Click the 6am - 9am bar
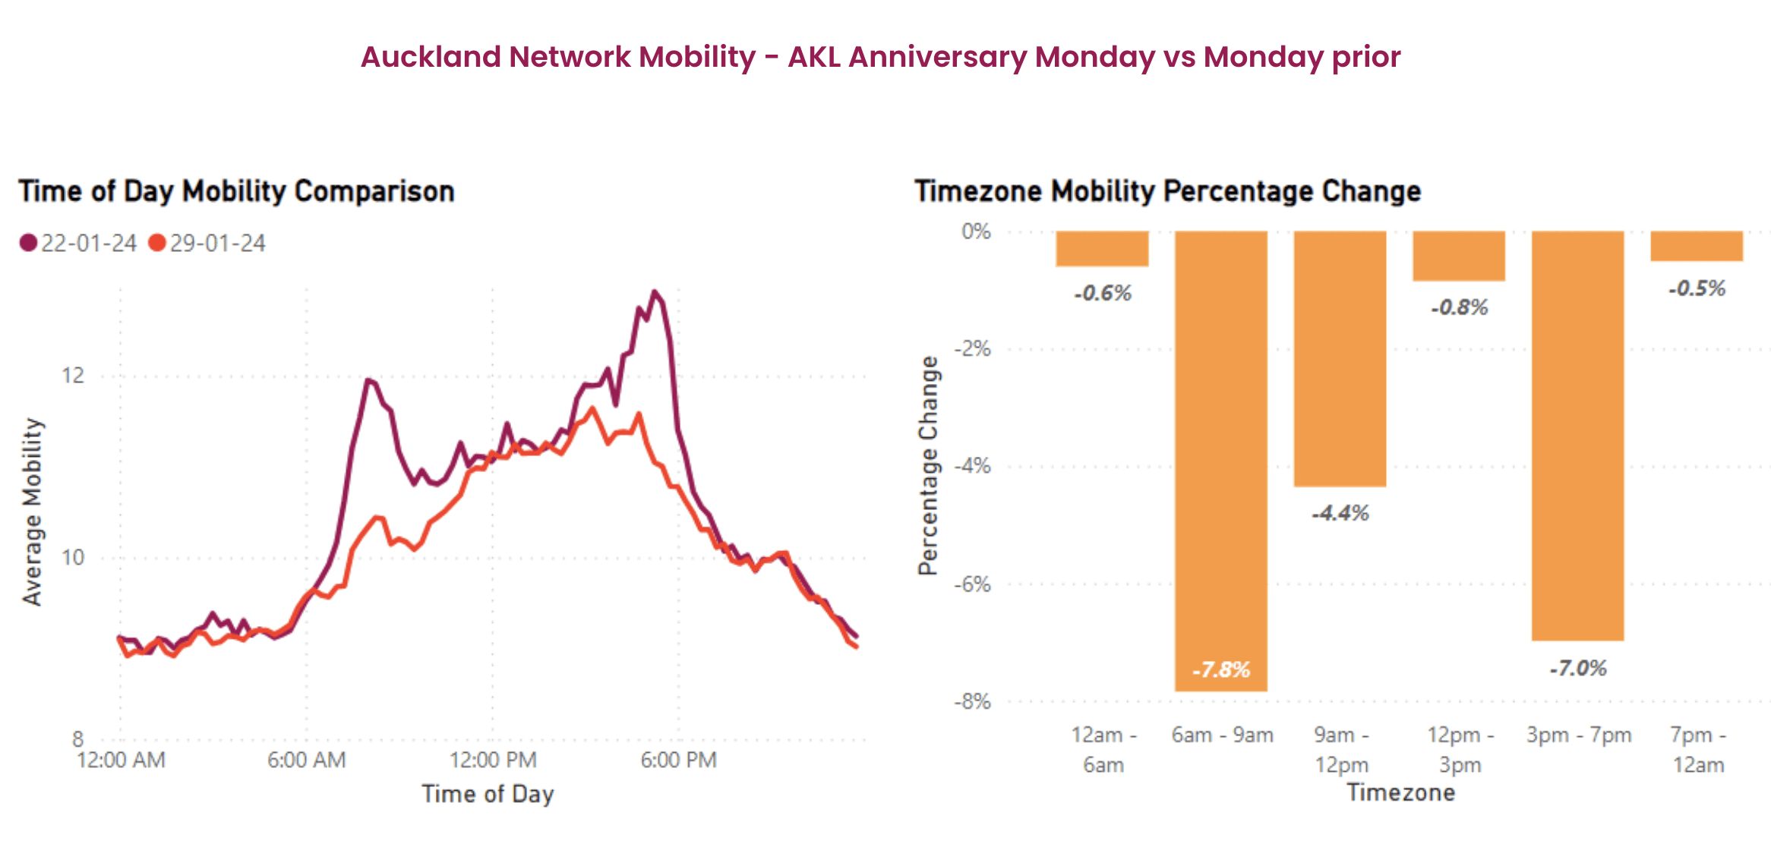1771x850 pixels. coord(1220,455)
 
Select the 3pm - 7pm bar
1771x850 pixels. coord(1577,433)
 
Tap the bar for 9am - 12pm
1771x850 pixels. coord(1340,357)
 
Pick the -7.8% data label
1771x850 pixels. coord(1220,669)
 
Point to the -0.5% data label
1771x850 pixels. coord(1697,288)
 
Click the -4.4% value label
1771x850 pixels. coord(1340,513)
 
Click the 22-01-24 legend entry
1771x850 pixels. coord(78,243)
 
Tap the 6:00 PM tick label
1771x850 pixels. coord(678,760)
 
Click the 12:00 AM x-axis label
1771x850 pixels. coord(121,760)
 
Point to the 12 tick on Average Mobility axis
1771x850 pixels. coord(73,375)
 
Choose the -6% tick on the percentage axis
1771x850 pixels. coord(973,584)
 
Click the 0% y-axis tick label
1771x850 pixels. coord(976,231)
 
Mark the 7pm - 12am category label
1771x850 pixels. coord(1697,749)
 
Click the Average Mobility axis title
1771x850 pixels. coord(32,512)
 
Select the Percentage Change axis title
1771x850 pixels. coord(928,465)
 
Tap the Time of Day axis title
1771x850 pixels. coord(488,794)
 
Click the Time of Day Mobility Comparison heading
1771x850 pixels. coord(236,191)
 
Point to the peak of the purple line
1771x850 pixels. coord(654,291)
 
